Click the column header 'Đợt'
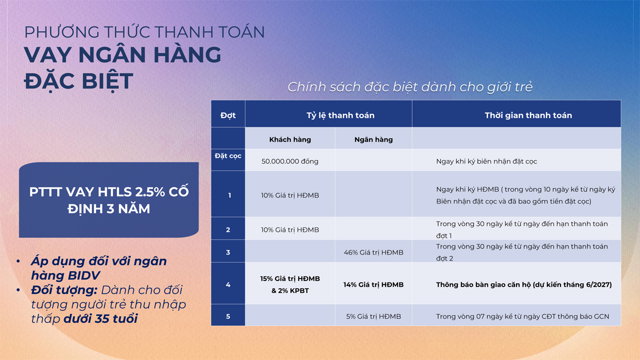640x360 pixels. click(228, 115)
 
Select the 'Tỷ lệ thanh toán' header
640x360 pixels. click(340, 115)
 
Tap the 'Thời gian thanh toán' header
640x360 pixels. click(528, 115)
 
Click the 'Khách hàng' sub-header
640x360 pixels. click(290, 140)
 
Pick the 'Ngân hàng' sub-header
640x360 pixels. click(373, 140)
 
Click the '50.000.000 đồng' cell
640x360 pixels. click(290, 161)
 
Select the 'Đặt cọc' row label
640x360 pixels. click(228, 156)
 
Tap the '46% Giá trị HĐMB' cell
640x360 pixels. click(373, 252)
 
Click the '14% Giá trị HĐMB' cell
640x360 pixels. click(373, 284)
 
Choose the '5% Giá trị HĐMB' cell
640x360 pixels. click(373, 316)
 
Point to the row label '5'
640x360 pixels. click(228, 316)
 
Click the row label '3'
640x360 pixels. click(228, 252)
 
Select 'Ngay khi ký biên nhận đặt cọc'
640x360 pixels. click(486, 161)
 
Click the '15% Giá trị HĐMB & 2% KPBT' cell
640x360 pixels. click(290, 284)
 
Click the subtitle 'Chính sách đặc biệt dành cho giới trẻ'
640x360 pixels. click(410, 87)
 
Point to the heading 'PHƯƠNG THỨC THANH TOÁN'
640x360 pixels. click(144, 32)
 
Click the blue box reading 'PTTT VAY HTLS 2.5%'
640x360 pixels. click(109, 200)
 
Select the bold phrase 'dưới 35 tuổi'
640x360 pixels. click(100, 318)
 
